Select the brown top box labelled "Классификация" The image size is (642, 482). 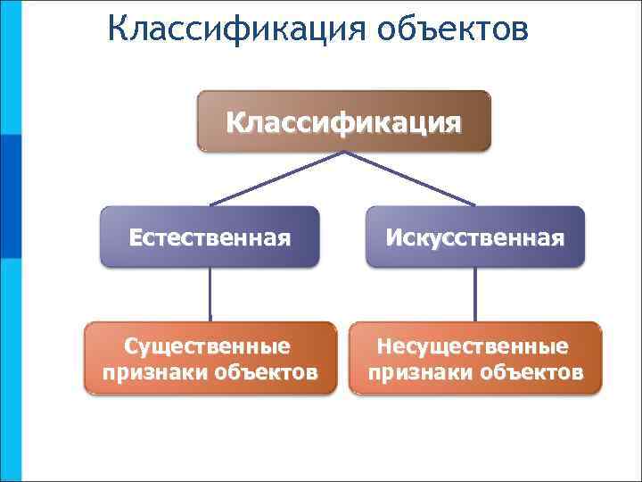point(343,120)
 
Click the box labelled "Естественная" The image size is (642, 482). point(210,237)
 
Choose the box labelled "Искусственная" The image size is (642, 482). point(474,237)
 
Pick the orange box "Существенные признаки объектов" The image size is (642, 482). point(210,358)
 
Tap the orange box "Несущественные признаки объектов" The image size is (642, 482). point(474,358)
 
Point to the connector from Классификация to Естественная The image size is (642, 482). point(276,179)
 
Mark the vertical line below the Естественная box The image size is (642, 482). point(210,295)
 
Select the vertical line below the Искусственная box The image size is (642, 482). point(474,295)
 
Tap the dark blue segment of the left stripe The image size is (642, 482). point(10,196)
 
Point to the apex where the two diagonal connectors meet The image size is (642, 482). point(343,153)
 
